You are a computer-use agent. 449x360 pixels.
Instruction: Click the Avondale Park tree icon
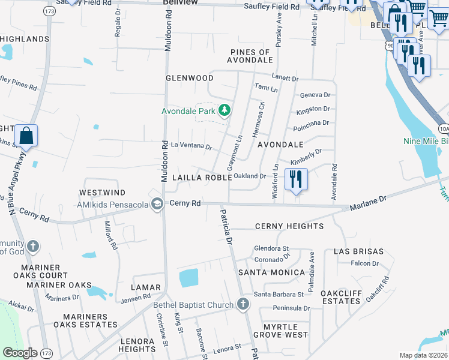click(224, 110)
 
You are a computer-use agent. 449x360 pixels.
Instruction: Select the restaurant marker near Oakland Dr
click(296, 179)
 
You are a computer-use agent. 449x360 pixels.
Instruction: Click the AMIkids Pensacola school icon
click(157, 204)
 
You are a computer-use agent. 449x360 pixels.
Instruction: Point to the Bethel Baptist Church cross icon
click(243, 305)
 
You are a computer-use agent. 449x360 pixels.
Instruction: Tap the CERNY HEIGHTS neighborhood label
click(289, 226)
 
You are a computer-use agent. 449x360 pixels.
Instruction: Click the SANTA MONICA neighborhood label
click(271, 272)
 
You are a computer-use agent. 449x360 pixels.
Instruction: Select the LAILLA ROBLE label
click(202, 178)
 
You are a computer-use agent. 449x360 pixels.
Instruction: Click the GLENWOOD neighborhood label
click(190, 78)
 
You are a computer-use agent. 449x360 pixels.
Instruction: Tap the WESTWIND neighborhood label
click(102, 193)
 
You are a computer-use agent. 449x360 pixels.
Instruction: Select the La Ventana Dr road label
click(191, 146)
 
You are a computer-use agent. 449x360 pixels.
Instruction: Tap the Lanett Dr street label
click(285, 79)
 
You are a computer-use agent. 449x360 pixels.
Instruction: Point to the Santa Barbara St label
click(279, 295)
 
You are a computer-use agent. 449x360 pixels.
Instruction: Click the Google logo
click(20, 352)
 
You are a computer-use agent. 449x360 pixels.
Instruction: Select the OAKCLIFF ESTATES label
click(343, 298)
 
